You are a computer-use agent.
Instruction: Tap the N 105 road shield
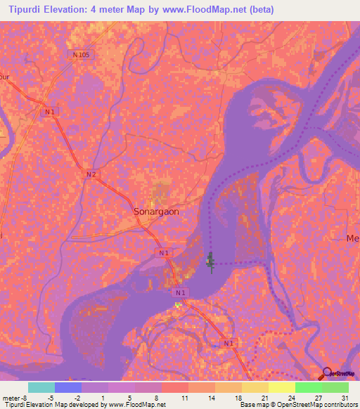[80, 54]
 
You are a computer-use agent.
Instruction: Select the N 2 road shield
[90, 174]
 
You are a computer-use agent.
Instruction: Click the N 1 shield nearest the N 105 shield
[50, 112]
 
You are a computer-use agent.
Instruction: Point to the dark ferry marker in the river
[210, 263]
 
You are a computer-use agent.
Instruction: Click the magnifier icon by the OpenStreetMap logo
[327, 374]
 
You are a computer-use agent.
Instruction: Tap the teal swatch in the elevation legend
[41, 387]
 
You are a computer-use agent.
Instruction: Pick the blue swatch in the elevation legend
[68, 387]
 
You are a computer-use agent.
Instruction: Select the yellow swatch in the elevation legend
[281, 387]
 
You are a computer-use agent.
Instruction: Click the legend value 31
[344, 397]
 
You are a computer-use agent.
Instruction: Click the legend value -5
[51, 397]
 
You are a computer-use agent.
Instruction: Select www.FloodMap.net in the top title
[202, 10]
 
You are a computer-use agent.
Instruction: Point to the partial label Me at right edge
[353, 239]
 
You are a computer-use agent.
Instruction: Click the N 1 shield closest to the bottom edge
[227, 342]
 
